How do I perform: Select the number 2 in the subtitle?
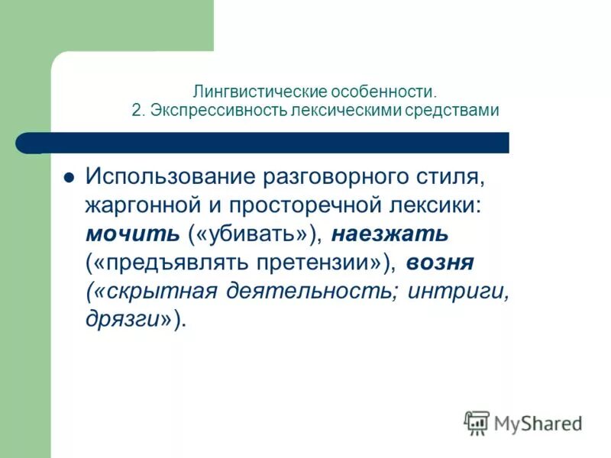click(135, 110)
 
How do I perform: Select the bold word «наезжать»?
click(390, 234)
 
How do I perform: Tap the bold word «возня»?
click(440, 263)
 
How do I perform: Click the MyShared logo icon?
click(477, 421)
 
